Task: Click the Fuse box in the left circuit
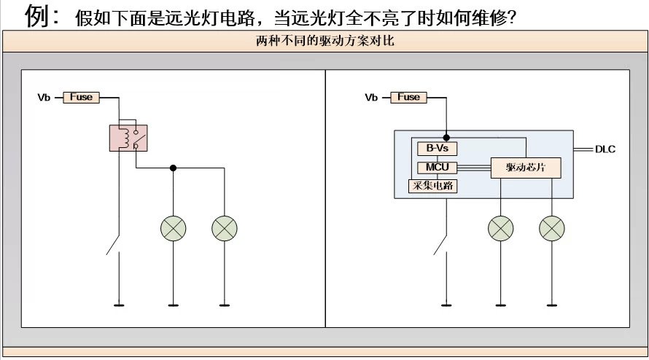[81, 97]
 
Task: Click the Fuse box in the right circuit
[409, 97]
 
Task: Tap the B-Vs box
[437, 149]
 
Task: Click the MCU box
[437, 168]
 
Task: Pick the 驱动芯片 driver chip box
[526, 168]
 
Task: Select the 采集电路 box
[435, 186]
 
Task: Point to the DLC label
[605, 149]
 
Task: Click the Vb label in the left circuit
[44, 98]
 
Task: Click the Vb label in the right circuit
[372, 98]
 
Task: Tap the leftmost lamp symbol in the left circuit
[173, 229]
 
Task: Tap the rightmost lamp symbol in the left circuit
[224, 229]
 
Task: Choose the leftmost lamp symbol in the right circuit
[500, 229]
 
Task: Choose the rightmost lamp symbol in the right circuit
[551, 229]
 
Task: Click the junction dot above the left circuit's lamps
[173, 168]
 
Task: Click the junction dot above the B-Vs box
[446, 136]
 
